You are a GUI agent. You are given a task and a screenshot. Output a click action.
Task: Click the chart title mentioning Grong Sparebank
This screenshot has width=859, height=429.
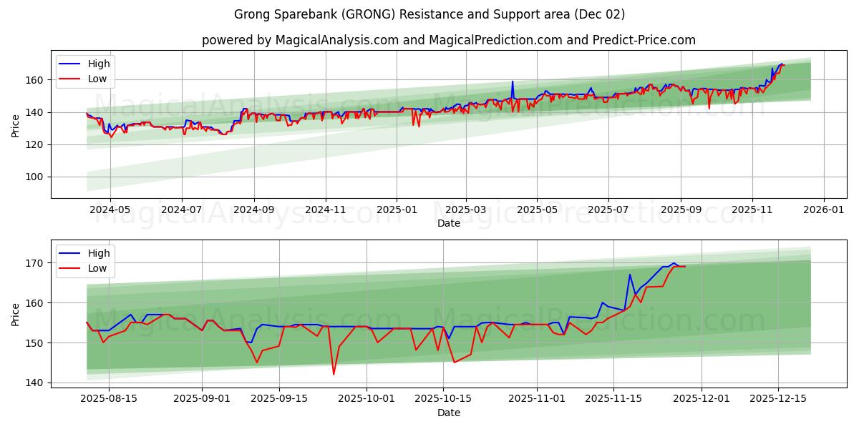(x=429, y=14)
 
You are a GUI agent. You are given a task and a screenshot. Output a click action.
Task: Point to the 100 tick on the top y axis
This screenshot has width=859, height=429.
(x=36, y=177)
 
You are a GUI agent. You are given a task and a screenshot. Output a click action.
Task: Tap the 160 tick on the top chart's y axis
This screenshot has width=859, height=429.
(x=36, y=80)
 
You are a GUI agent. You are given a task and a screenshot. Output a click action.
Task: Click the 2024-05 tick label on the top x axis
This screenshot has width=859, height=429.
(x=111, y=210)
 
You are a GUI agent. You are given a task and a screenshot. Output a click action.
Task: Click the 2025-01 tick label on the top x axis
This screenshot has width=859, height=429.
(x=396, y=210)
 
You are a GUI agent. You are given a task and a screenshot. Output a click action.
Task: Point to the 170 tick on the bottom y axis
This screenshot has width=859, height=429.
(x=36, y=263)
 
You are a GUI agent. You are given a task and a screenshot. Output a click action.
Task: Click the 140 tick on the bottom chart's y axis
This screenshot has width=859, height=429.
(x=36, y=383)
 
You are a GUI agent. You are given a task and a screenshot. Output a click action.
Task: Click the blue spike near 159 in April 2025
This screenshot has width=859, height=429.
(x=513, y=82)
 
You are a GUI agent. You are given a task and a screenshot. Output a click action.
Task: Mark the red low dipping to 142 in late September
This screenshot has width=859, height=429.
(x=334, y=374)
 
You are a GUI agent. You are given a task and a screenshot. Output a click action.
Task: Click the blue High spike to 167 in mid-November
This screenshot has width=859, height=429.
(x=630, y=275)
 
